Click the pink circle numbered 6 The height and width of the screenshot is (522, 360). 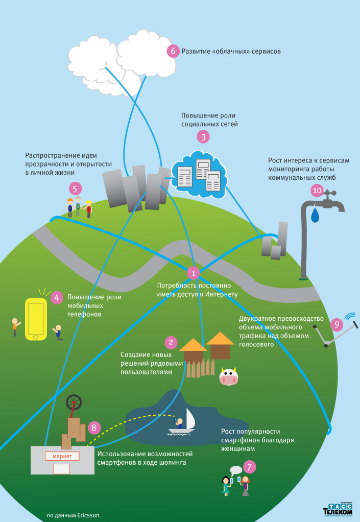(x=173, y=51)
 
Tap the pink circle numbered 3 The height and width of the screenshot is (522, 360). (x=203, y=136)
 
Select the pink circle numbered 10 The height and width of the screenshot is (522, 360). (x=317, y=191)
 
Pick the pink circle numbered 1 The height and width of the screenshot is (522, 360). (x=193, y=273)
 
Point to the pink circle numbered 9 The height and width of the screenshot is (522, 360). (x=335, y=324)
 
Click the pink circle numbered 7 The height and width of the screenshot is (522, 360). (x=249, y=467)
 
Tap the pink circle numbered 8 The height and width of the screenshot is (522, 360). (x=94, y=428)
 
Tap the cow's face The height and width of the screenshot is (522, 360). (x=229, y=377)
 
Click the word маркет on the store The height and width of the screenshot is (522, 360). (x=62, y=456)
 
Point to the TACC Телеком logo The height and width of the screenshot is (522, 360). (x=338, y=508)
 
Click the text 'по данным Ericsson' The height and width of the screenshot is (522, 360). (x=73, y=515)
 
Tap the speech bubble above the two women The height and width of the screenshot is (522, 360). (x=235, y=470)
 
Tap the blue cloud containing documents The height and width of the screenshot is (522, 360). (x=199, y=173)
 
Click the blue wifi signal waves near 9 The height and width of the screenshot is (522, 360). (x=350, y=316)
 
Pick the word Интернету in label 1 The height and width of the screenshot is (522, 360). (x=222, y=294)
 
